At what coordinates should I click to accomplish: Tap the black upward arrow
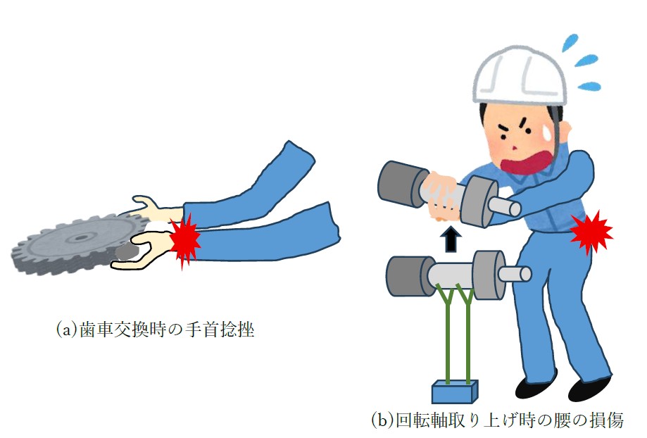pos(451,239)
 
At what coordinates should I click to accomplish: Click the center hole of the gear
pos(82,237)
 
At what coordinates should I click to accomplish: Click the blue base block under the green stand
pos(454,392)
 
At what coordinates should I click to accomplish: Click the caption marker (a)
pos(66,330)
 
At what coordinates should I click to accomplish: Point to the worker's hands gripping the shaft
pos(444,195)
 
